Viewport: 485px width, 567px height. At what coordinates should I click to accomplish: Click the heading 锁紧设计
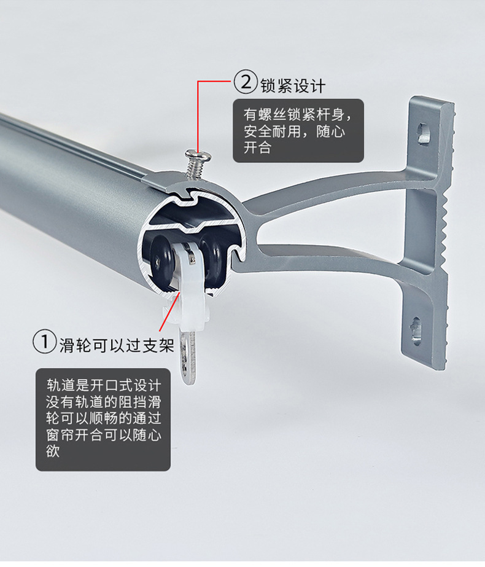point(292,84)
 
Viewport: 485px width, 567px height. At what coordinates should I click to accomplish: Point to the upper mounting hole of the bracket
point(424,132)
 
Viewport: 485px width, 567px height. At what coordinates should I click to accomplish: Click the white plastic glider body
point(187,289)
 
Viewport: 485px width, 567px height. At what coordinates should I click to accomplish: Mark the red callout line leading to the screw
point(198,114)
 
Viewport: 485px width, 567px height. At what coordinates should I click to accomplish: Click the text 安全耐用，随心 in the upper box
point(295,131)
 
